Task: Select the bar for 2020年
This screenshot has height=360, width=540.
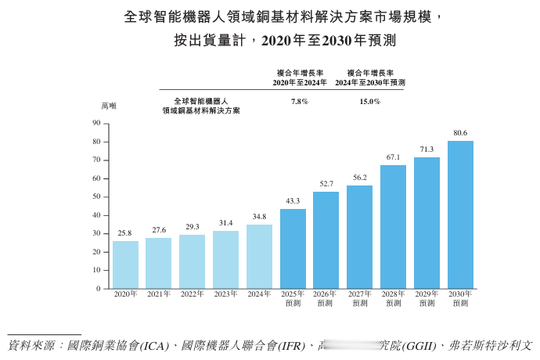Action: pos(125,265)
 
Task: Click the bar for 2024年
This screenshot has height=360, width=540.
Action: pos(259,257)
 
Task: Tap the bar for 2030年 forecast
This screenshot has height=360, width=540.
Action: pos(460,214)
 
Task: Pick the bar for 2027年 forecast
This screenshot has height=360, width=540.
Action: pos(359,236)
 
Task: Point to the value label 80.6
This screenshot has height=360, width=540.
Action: pos(460,133)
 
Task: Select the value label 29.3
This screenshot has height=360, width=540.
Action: pos(193,227)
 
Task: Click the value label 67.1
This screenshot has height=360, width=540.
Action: pos(393,157)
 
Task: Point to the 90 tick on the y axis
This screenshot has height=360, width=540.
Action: pos(96,123)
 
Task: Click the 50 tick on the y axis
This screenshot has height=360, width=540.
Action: pos(96,196)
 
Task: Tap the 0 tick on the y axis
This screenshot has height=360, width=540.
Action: pos(99,289)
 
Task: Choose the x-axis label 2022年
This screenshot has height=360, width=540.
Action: pos(193,294)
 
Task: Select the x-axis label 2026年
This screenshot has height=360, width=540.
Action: pos(326,294)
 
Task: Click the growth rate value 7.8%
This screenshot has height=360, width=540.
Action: pos(299,102)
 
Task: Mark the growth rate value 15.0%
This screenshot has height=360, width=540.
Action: pos(369,102)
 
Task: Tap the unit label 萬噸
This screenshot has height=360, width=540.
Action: pos(108,106)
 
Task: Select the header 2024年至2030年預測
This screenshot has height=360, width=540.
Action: pos(370,82)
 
